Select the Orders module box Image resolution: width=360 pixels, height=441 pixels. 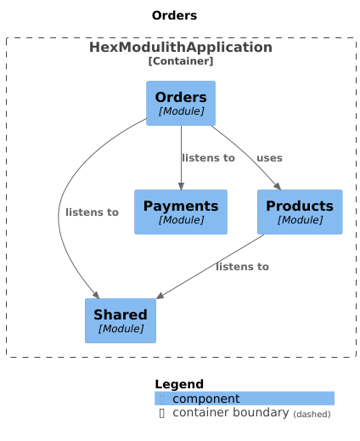(181, 103)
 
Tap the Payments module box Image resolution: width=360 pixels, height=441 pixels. (181, 212)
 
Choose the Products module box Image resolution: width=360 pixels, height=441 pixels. (299, 212)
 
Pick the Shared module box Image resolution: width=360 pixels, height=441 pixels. (121, 320)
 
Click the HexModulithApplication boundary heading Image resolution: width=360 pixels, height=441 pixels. (180, 48)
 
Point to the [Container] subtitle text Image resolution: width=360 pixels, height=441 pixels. (180, 61)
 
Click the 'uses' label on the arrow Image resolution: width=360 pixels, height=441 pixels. (269, 158)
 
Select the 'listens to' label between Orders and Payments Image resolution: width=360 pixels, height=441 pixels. (208, 158)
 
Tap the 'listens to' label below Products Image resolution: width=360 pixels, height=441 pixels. (242, 267)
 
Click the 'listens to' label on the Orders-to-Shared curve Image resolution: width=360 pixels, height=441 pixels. (92, 212)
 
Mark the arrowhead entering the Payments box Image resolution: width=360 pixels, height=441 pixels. (181, 184)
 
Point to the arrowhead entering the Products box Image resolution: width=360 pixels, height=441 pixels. (277, 184)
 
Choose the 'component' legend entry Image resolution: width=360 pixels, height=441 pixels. (206, 399)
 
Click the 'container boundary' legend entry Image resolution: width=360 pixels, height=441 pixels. (230, 413)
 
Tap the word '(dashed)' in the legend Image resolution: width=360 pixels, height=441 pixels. (312, 414)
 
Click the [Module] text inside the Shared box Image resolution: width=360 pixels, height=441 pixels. (121, 328)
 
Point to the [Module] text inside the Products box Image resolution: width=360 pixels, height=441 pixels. (299, 219)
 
